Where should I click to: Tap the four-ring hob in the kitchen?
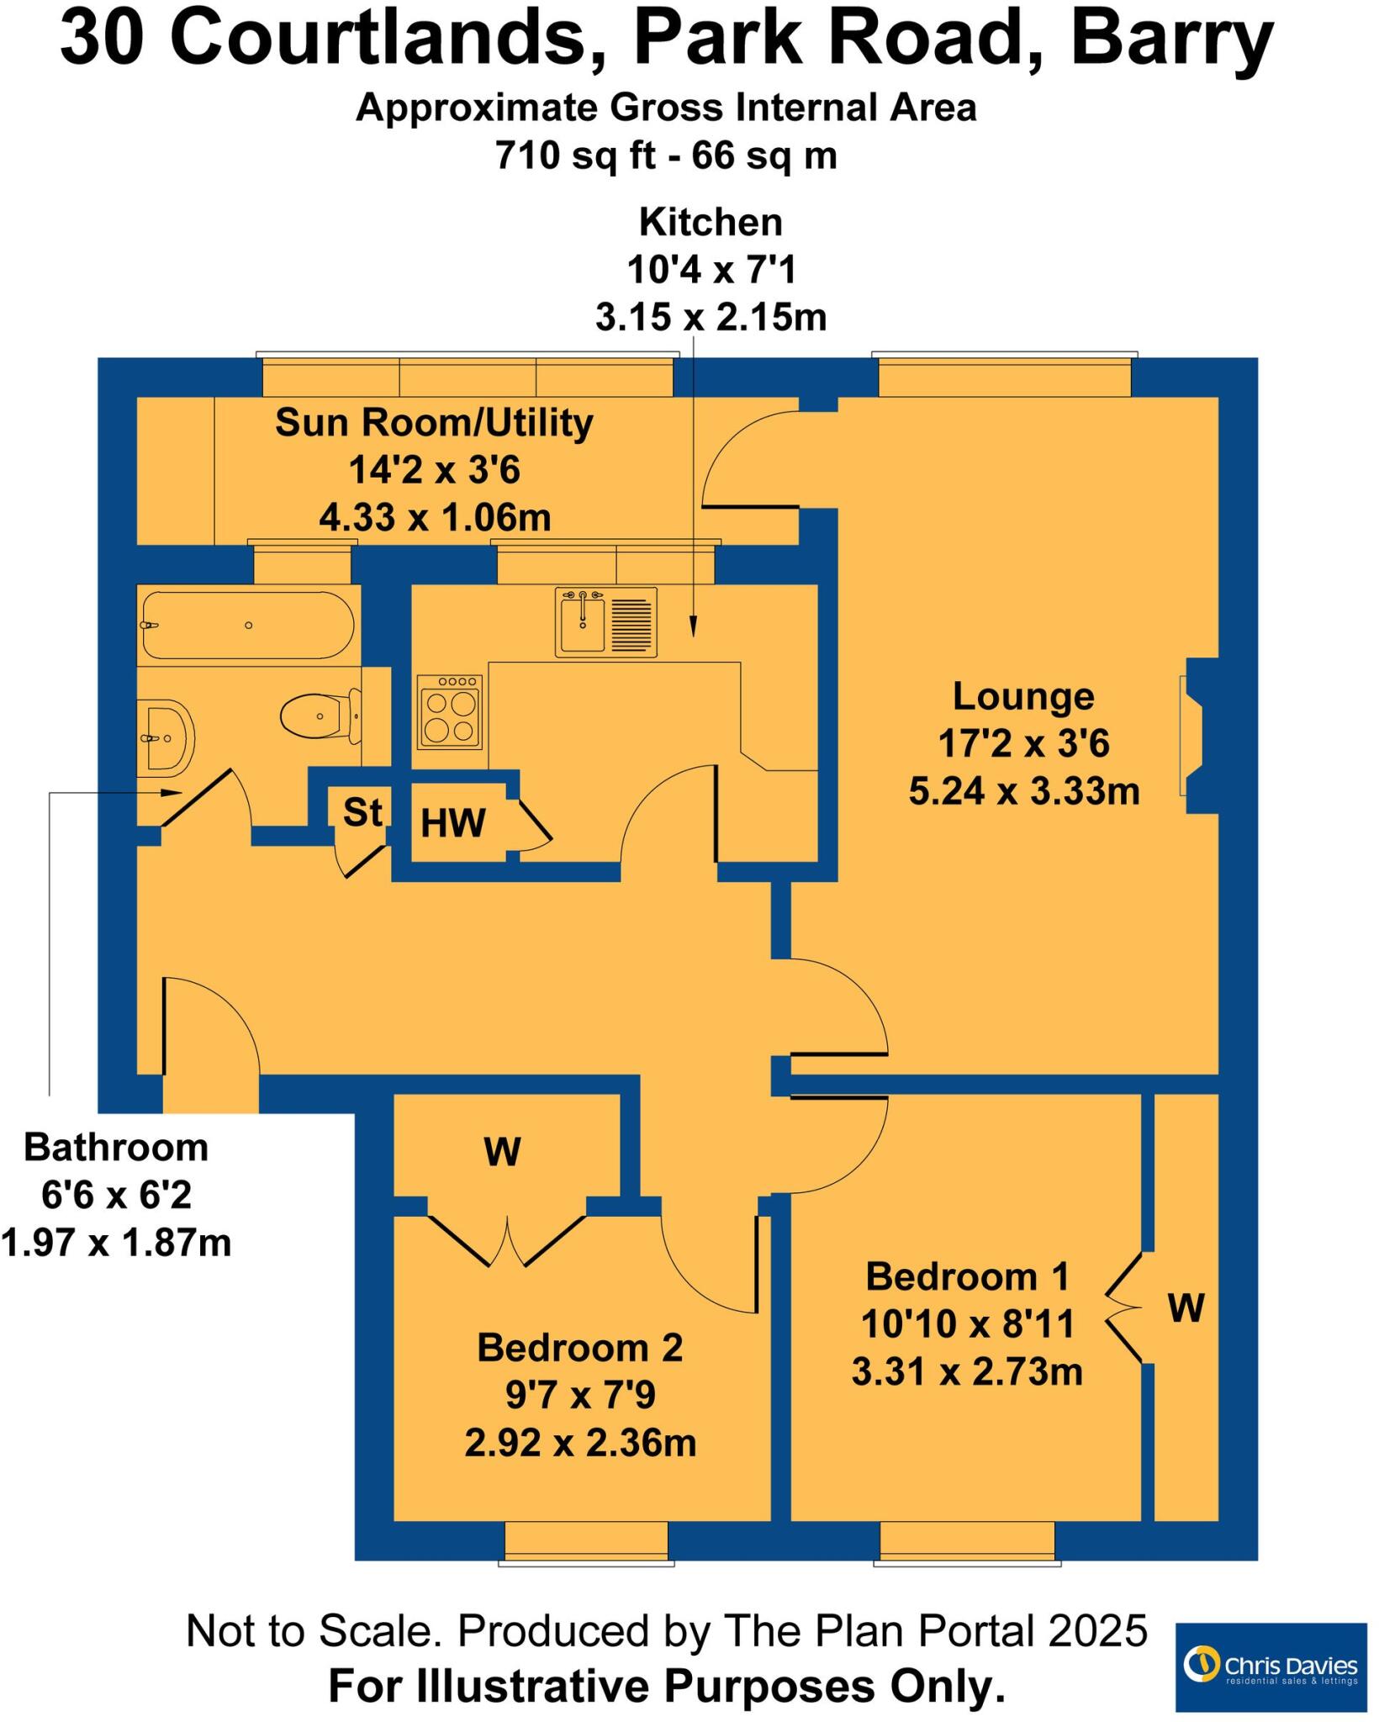pos(450,713)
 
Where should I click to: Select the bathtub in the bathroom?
pos(247,626)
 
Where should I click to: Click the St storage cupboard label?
pos(362,812)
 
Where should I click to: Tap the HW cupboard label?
pos(453,823)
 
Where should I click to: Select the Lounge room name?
pos(1023,696)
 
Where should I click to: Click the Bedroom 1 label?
pos(967,1276)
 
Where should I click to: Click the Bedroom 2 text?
pos(580,1348)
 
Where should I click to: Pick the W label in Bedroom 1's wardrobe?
pos(1186,1308)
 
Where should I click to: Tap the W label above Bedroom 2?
pos(502,1152)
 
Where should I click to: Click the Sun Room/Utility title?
pos(434,422)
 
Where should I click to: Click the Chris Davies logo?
pos(1270,1667)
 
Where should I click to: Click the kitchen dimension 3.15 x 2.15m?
pos(711,318)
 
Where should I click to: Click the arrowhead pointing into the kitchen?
pos(693,626)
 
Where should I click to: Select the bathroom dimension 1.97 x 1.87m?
pos(116,1243)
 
